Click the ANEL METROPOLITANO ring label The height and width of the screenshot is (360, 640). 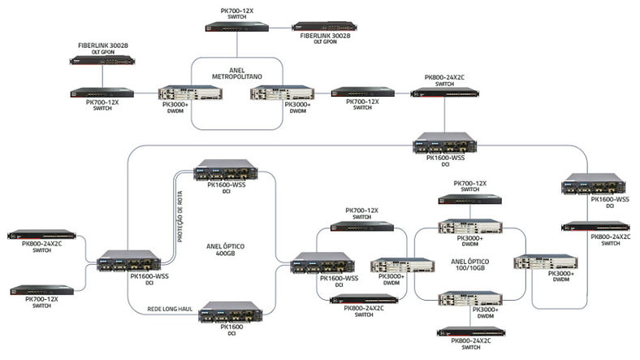(x=236, y=73)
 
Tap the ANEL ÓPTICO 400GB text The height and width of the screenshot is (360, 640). (x=225, y=249)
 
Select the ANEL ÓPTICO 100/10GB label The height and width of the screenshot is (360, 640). (x=469, y=264)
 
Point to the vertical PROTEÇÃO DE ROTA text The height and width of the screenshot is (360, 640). (x=180, y=217)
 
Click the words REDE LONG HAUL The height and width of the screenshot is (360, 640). (x=170, y=309)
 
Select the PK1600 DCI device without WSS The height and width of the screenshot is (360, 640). (x=231, y=312)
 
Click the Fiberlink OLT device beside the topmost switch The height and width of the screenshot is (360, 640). (x=324, y=27)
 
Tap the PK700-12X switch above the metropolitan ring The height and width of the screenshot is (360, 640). (x=236, y=27)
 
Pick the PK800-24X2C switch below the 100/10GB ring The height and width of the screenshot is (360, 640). (x=470, y=332)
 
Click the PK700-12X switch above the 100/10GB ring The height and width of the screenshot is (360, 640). (x=469, y=199)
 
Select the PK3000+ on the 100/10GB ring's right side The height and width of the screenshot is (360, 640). (x=545, y=262)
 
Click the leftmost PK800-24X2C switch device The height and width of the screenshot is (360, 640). (x=41, y=234)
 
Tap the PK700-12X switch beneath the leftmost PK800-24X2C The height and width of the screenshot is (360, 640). (x=41, y=290)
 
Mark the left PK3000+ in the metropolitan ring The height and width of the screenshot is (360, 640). (x=190, y=93)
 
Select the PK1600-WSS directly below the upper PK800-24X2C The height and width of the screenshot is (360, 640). (x=444, y=143)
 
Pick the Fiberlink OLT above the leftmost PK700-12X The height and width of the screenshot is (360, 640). (x=102, y=60)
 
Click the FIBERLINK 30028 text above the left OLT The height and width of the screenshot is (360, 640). (x=103, y=46)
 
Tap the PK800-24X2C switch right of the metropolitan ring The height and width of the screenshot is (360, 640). (x=444, y=93)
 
